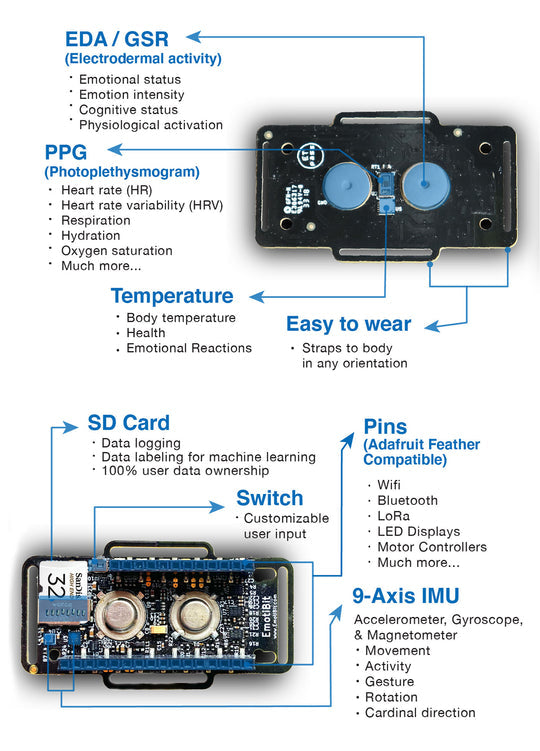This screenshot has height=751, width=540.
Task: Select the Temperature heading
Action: tap(171, 296)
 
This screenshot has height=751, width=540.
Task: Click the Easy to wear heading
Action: tap(348, 324)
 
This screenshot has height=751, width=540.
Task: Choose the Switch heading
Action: tap(270, 498)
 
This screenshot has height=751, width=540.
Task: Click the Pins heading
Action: tap(385, 426)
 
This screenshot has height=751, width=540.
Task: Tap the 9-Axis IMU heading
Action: tap(403, 597)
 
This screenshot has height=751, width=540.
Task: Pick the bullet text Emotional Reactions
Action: tap(189, 348)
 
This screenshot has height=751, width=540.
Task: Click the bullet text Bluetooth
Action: tap(407, 500)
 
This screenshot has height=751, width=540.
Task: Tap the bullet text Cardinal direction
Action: tap(420, 713)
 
